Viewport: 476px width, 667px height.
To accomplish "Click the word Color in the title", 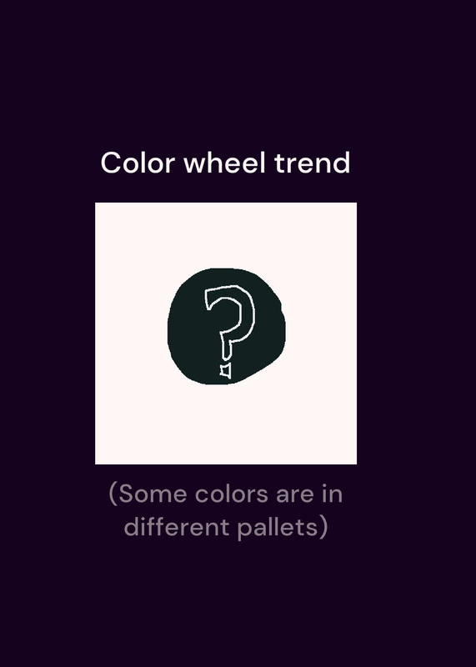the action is (x=138, y=163).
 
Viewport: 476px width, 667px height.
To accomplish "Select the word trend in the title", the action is (x=313, y=163).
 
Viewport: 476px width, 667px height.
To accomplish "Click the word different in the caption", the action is (x=177, y=527).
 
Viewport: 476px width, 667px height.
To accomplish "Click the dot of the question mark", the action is (x=226, y=370).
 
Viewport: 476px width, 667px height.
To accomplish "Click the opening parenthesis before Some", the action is (x=113, y=494).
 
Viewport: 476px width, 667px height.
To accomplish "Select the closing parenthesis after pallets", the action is (x=323, y=528).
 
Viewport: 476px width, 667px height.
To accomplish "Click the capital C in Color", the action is (x=113, y=163).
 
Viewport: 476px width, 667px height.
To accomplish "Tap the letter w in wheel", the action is (x=195, y=165).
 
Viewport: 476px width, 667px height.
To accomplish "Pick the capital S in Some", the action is (x=126, y=494).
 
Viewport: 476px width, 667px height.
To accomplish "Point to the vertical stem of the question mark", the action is (x=226, y=348).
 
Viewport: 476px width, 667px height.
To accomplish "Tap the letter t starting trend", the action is (x=279, y=163).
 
